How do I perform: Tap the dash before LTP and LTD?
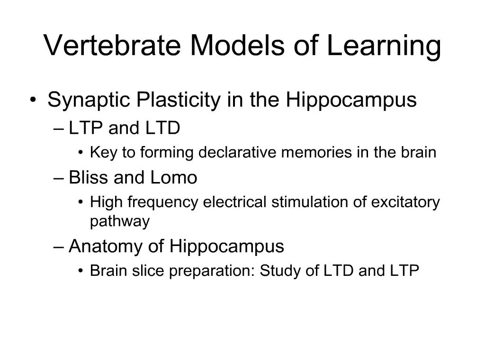point(60,129)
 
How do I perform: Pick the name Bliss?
point(89,178)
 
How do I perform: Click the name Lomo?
point(174,178)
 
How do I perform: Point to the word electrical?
point(235,202)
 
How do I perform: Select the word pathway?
point(119,221)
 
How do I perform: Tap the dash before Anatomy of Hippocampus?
point(60,246)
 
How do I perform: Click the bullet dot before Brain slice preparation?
point(81,271)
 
